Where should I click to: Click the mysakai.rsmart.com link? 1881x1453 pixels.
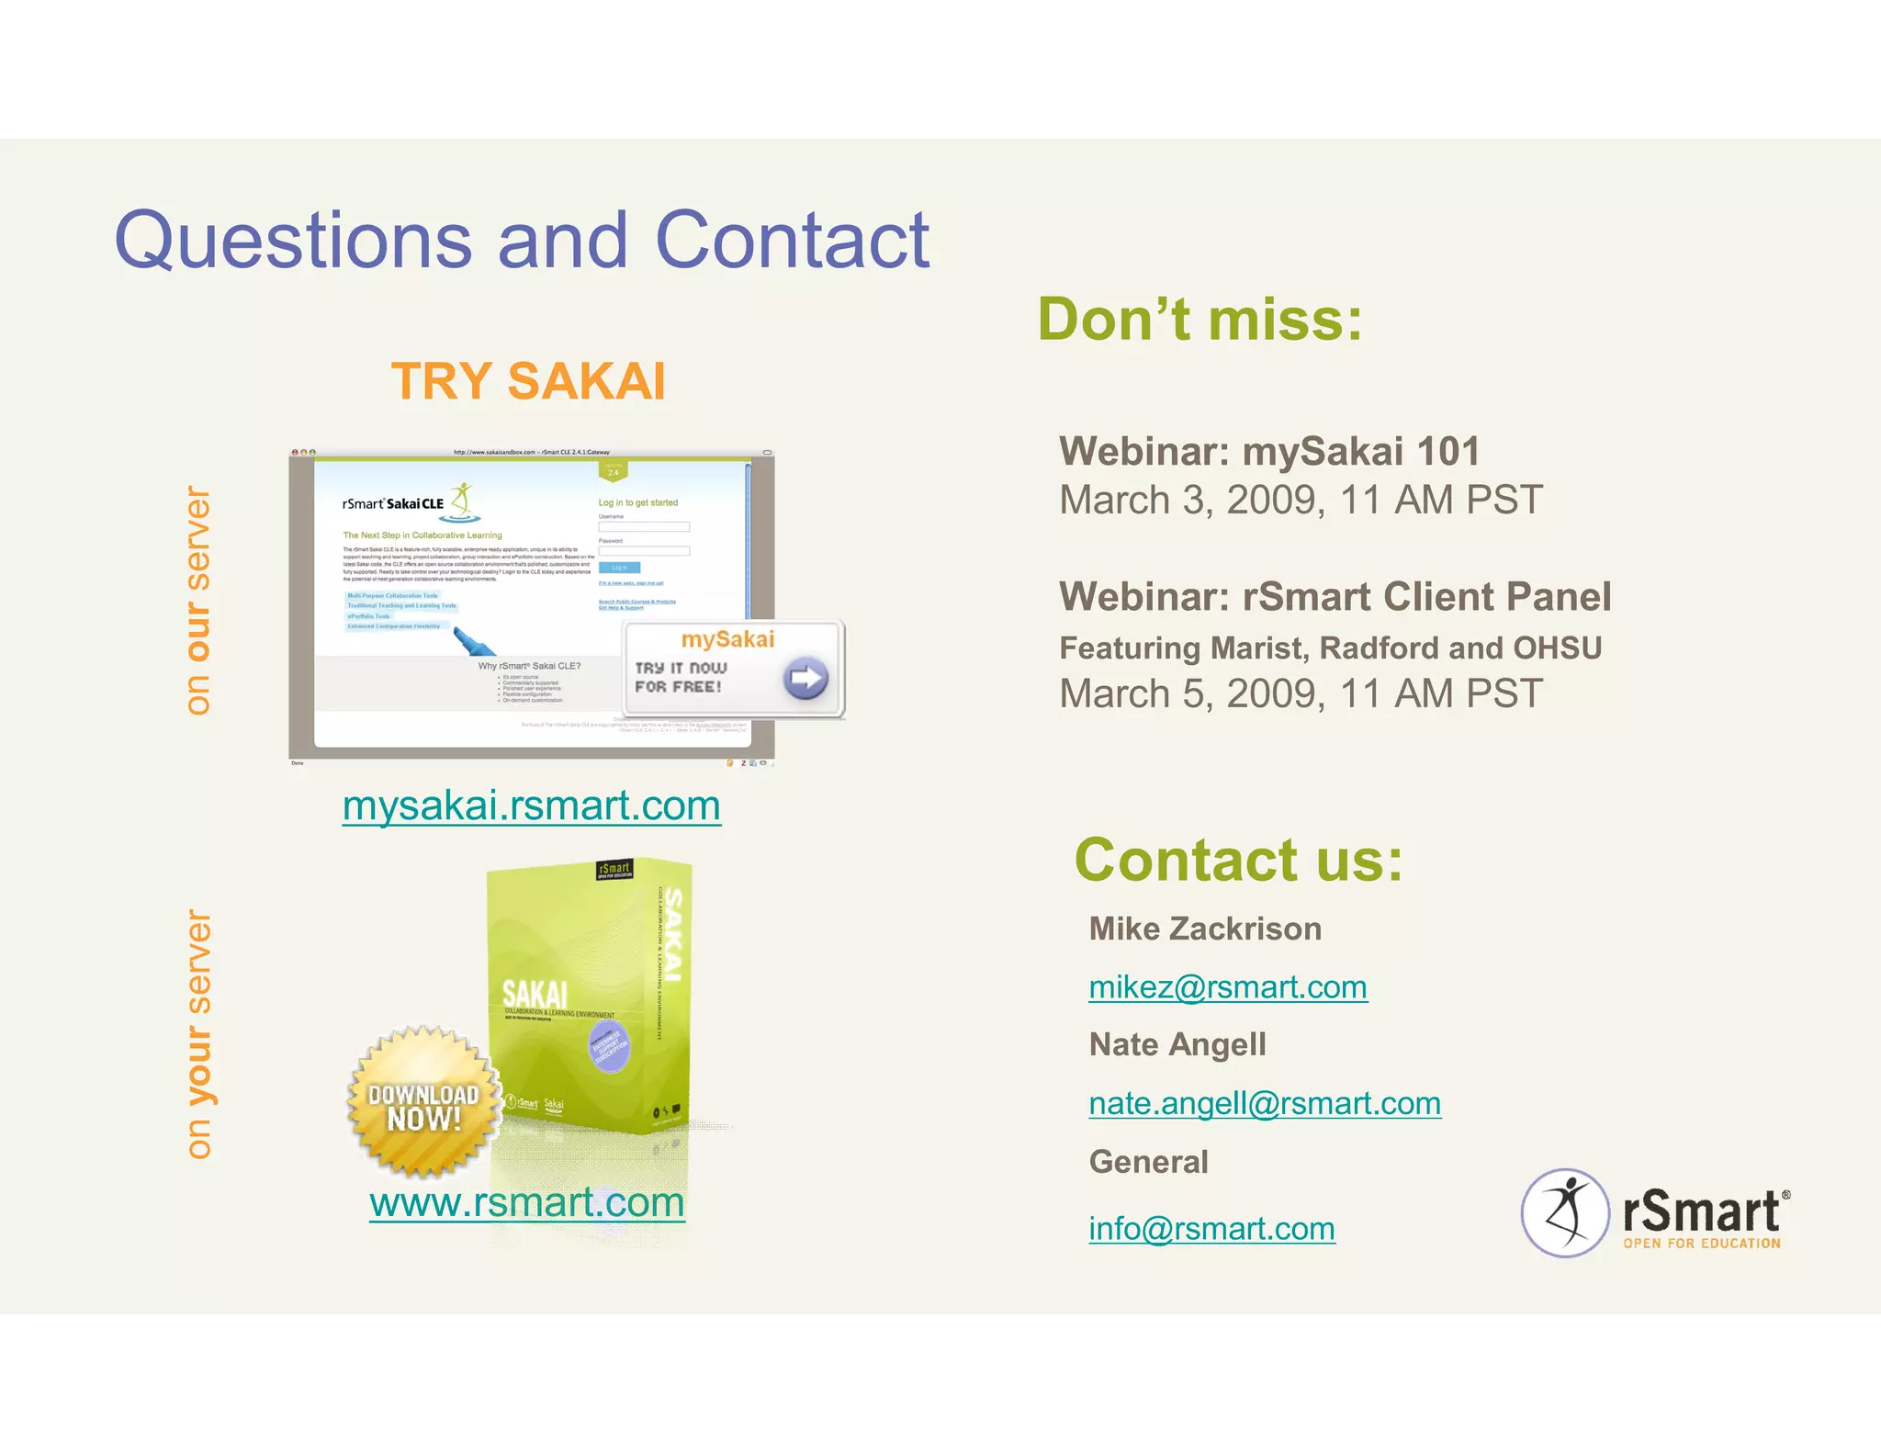(531, 805)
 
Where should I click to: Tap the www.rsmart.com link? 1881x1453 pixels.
(526, 1202)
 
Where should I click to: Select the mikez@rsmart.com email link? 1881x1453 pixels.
(1227, 987)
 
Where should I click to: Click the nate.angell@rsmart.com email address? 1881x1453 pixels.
(1264, 1103)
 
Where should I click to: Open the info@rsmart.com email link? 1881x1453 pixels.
(1211, 1229)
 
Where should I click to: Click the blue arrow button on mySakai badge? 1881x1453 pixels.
(805, 679)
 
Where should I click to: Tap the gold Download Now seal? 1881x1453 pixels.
(423, 1103)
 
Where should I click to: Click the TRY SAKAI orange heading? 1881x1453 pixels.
(528, 381)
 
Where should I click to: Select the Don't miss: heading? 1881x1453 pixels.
(1200, 320)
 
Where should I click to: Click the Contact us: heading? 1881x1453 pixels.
(1238, 861)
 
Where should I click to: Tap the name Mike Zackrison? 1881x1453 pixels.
(1204, 929)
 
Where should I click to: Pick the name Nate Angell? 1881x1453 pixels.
(1177, 1045)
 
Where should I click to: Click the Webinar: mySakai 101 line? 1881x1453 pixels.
(1268, 452)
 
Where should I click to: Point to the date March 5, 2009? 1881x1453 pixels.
(1192, 694)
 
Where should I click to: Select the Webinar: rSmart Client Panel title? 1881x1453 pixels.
(1335, 597)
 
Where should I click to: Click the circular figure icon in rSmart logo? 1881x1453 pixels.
(1565, 1212)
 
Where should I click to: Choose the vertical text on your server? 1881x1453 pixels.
(198, 1034)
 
